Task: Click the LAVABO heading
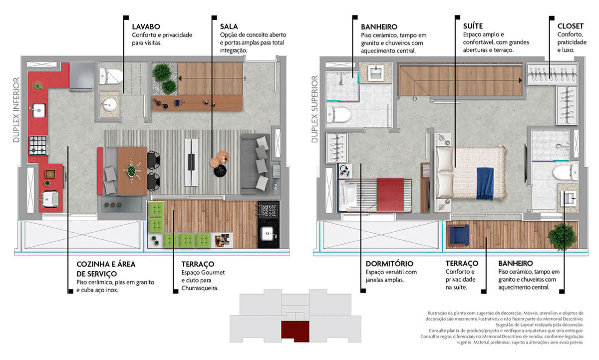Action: click(x=146, y=27)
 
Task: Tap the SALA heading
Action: click(x=229, y=26)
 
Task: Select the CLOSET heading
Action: click(x=571, y=26)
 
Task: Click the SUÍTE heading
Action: click(x=473, y=26)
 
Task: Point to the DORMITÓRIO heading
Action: click(x=389, y=264)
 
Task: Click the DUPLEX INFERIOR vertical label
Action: click(x=16, y=110)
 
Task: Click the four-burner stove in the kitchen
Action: click(x=38, y=145)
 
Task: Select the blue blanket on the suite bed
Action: click(x=485, y=183)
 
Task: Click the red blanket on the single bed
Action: click(x=390, y=195)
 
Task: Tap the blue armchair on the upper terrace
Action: click(x=459, y=235)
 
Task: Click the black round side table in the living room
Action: click(x=220, y=171)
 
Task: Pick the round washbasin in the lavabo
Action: click(x=110, y=105)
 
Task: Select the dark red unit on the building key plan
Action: click(x=295, y=332)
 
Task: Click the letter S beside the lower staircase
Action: click(x=245, y=78)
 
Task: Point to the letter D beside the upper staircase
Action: click(x=415, y=99)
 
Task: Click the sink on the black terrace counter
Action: click(x=268, y=234)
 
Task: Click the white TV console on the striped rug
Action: click(x=191, y=162)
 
